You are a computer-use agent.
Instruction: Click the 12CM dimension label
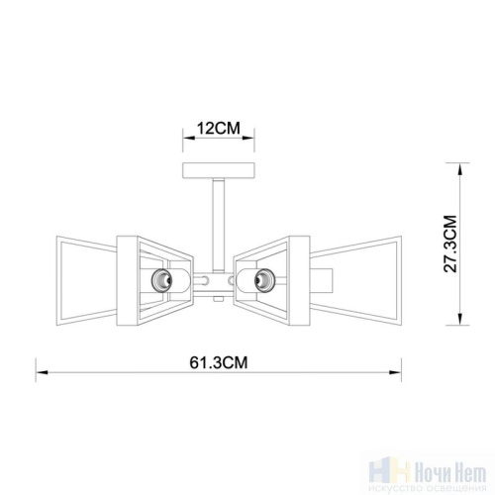click(x=219, y=128)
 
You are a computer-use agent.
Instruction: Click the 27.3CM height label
click(x=450, y=244)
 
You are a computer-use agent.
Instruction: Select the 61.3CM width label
click(x=219, y=362)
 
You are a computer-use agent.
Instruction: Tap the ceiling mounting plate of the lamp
click(x=219, y=170)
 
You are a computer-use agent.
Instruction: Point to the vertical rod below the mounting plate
click(x=219, y=225)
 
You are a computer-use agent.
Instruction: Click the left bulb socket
click(x=161, y=280)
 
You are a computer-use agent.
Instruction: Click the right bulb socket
click(x=265, y=280)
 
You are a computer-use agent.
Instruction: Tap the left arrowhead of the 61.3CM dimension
click(x=43, y=372)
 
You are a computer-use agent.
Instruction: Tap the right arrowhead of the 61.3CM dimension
click(x=395, y=372)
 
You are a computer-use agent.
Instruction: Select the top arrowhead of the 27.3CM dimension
click(x=459, y=169)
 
